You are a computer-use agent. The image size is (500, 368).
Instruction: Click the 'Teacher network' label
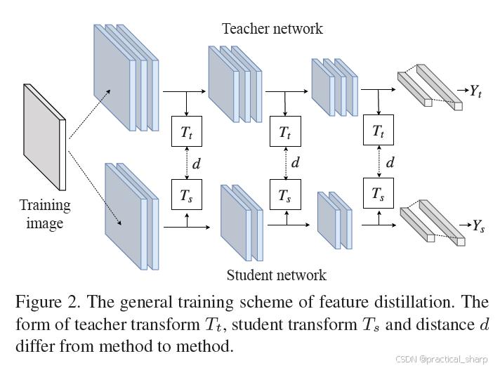[x=272, y=29]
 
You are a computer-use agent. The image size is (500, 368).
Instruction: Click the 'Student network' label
[x=277, y=275]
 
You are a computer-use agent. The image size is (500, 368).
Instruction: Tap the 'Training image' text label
[x=45, y=214]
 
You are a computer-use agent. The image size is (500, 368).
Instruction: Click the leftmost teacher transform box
[x=186, y=131]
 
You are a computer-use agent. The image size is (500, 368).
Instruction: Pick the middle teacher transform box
[x=284, y=131]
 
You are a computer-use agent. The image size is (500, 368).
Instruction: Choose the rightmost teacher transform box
[x=379, y=131]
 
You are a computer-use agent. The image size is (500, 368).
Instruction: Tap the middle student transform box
[x=284, y=195]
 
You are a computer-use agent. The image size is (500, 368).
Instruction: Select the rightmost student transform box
[x=379, y=193]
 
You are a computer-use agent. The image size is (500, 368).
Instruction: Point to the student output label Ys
[x=478, y=226]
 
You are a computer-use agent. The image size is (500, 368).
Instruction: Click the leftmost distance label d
[x=197, y=164]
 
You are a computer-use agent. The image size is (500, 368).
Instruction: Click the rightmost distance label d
[x=390, y=163]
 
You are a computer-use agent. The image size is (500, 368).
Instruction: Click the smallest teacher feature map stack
[x=335, y=87]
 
